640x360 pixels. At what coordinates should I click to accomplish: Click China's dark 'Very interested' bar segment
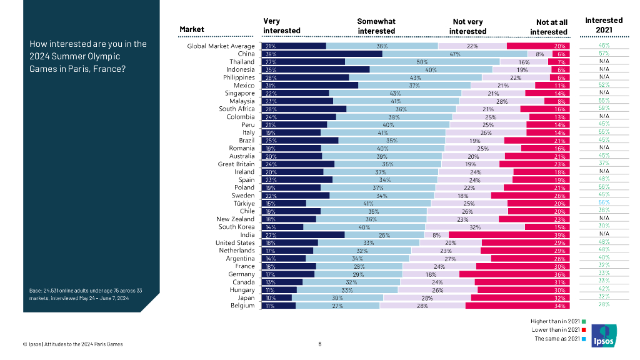click(x=322, y=54)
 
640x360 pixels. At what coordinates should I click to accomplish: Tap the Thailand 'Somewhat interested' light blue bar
click(x=422, y=62)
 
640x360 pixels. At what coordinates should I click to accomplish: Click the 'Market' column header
click(x=192, y=29)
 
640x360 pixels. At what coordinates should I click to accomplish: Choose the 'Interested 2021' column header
click(x=604, y=25)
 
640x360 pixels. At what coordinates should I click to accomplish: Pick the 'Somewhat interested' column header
click(x=376, y=26)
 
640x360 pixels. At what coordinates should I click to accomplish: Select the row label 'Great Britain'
click(x=236, y=164)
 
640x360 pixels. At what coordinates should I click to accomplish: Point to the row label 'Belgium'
click(x=242, y=306)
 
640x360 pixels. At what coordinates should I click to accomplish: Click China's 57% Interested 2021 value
click(x=604, y=54)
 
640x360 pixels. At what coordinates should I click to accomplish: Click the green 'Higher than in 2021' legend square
click(x=583, y=321)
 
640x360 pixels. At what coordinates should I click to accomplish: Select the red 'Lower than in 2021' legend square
click(x=583, y=329)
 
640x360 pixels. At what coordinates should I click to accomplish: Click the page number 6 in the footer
click(x=320, y=344)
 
